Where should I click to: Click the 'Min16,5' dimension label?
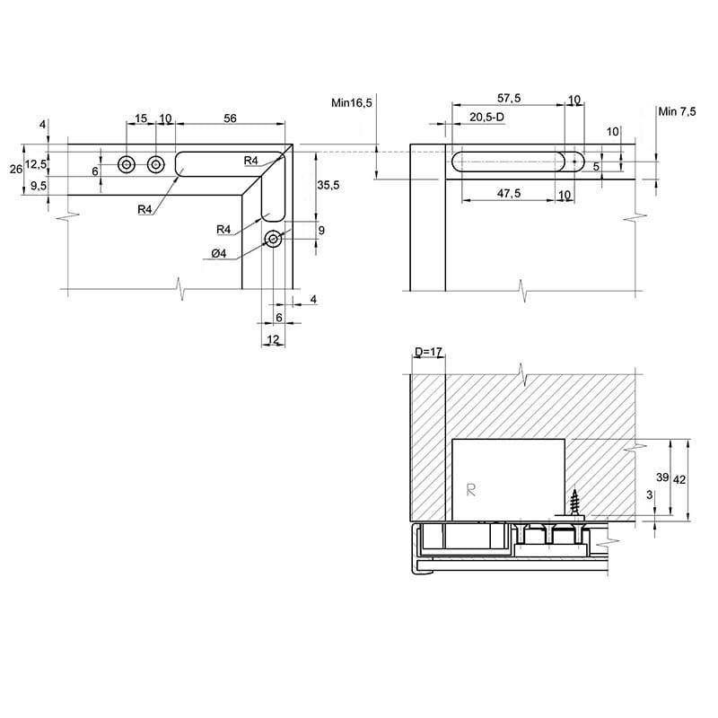click(351, 103)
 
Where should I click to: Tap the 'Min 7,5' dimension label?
click(677, 111)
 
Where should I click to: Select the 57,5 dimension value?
click(509, 98)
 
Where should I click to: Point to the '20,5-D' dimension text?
click(486, 118)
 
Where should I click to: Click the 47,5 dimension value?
click(509, 193)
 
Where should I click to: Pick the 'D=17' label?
click(428, 352)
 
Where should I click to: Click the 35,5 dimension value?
click(328, 185)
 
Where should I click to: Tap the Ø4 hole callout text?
click(219, 253)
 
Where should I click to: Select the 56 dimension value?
click(230, 118)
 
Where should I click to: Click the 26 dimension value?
click(16, 170)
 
